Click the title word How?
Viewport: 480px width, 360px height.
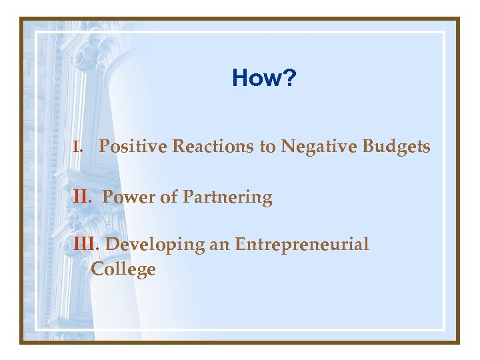point(264,79)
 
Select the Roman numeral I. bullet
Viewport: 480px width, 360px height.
point(77,147)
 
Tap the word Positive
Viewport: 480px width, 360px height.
point(133,146)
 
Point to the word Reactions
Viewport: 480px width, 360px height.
point(213,146)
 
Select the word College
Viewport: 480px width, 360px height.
point(123,270)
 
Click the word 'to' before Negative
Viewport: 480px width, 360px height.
point(267,147)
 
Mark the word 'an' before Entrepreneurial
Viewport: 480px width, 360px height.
point(219,245)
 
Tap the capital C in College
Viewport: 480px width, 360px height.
point(98,269)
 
